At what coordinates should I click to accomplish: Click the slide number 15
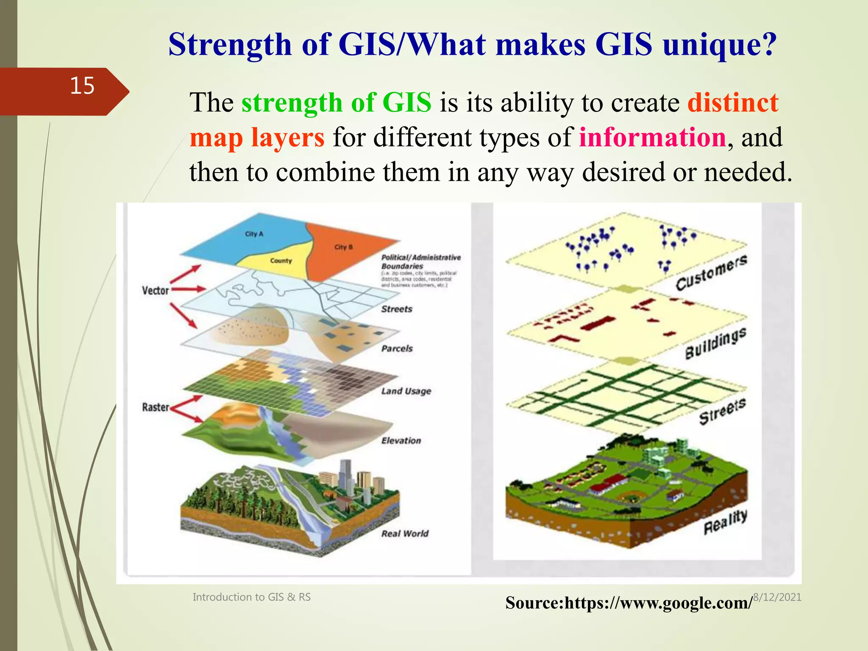82,86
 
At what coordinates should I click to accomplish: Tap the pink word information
653,138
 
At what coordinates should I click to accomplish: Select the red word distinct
733,103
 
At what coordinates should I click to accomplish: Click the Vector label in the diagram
155,291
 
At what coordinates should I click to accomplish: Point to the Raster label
155,407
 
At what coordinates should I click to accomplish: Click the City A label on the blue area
254,234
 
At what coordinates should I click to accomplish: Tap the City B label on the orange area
343,247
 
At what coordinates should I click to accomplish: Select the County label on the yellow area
281,261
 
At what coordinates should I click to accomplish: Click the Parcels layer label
397,349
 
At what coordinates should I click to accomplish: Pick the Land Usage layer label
406,391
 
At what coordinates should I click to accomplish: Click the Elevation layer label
401,441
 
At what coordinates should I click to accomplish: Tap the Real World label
405,534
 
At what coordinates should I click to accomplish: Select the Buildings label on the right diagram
715,343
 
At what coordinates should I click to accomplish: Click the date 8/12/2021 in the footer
777,597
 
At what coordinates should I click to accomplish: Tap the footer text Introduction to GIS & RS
251,597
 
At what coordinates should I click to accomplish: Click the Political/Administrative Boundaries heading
420,262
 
